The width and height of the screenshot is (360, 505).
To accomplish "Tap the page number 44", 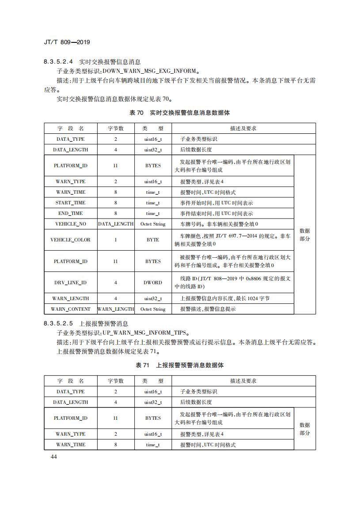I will tap(54, 456).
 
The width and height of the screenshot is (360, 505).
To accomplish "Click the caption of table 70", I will tap(179, 113).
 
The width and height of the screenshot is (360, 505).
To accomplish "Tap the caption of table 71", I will tap(179, 365).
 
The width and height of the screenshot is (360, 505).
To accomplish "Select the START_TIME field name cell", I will tap(71, 203).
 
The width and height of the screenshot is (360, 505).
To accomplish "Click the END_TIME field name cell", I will tap(71, 213).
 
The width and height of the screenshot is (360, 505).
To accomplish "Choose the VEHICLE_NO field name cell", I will tap(71, 224).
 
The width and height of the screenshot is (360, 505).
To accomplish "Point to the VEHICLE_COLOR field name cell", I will tap(71, 240).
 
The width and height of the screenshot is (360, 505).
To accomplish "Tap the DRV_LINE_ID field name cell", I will tap(71, 283).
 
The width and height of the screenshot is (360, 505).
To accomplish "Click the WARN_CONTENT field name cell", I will tap(71, 309).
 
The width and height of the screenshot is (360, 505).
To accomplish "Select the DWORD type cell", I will tap(153, 283).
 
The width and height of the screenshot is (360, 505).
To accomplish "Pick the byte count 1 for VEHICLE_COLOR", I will tap(116, 240).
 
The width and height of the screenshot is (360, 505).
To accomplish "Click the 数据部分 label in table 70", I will tap(305, 234).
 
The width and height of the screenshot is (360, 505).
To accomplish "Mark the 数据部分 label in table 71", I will tap(305, 429).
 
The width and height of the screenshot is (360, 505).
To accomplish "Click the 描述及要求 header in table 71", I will tap(243, 381).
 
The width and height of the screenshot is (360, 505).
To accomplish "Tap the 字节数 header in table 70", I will tap(116, 128).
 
